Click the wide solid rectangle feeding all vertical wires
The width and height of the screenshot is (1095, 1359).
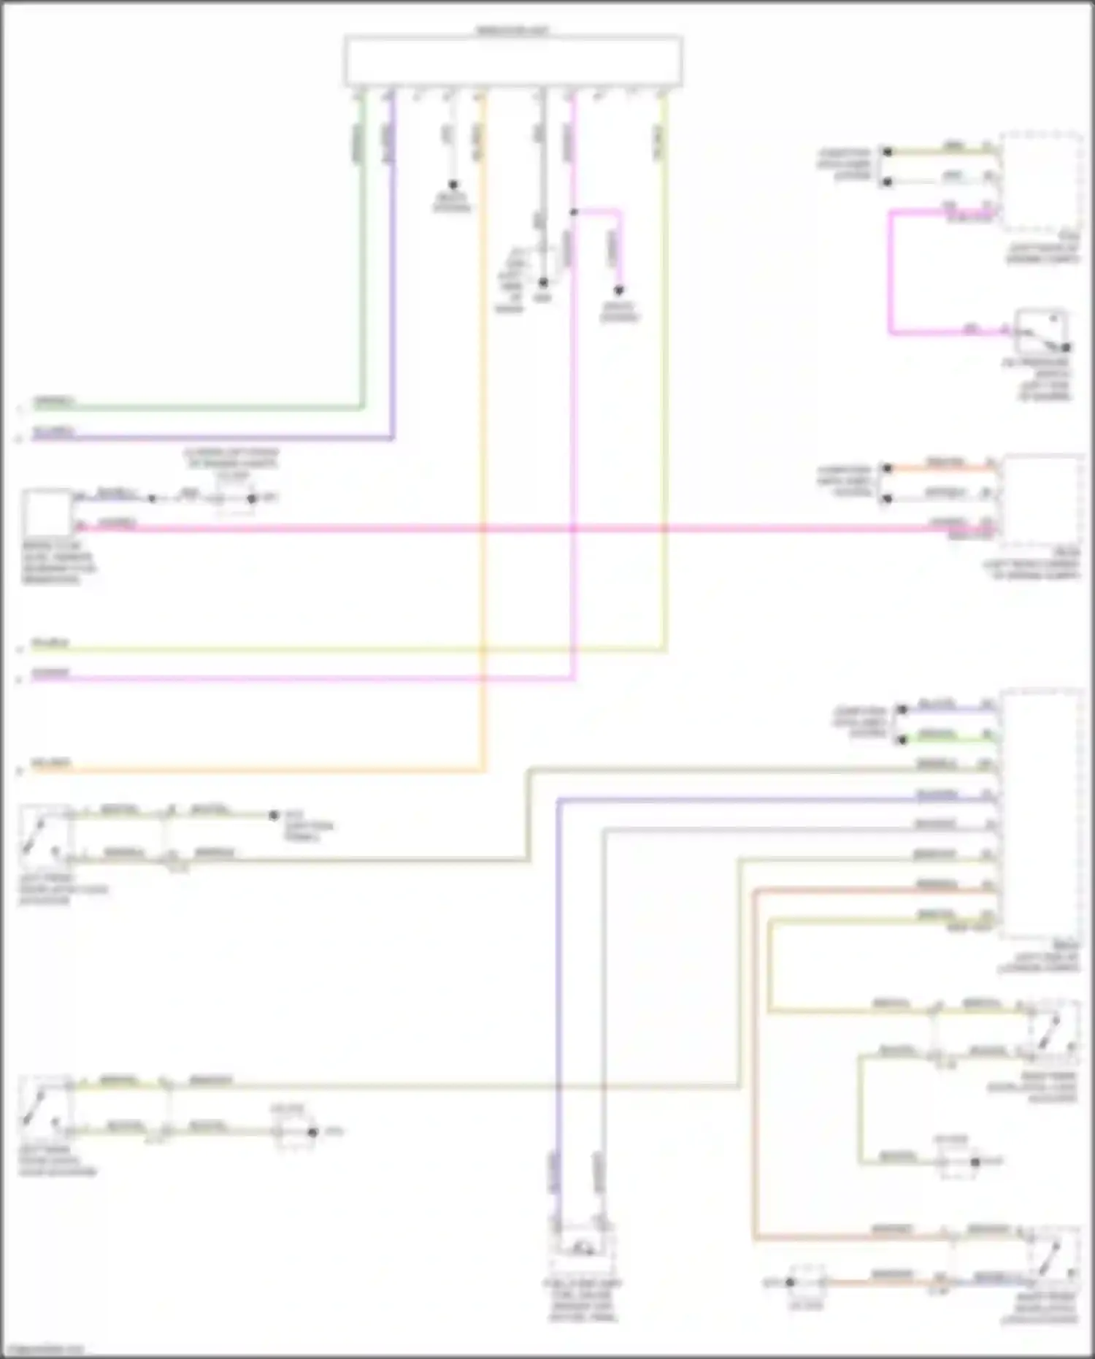coord(513,61)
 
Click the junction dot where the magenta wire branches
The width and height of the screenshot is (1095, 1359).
coord(574,213)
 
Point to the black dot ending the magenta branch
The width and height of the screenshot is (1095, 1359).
coord(619,290)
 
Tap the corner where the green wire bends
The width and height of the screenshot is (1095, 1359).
coord(362,407)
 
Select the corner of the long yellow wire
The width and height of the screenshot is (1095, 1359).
coord(664,648)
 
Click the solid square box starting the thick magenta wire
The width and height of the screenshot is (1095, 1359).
coord(47,513)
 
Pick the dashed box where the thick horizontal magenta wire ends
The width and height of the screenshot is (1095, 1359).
coord(1042,502)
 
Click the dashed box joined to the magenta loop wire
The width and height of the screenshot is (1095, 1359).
coord(1042,181)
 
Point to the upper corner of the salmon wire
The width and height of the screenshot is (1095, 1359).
coord(755,891)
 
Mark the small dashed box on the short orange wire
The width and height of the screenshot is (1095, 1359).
coord(807,1282)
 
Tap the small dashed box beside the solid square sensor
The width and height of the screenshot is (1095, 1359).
coord(234,499)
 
